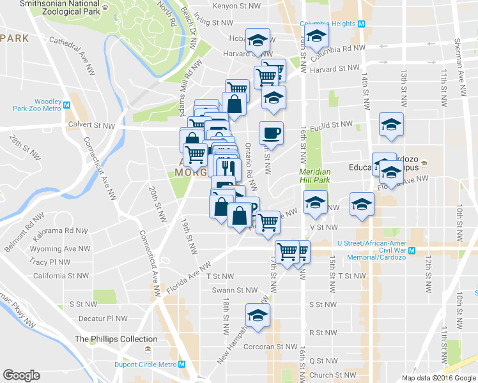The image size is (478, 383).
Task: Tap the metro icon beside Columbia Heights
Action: [x=362, y=24]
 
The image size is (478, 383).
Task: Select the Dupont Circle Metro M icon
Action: [x=182, y=364]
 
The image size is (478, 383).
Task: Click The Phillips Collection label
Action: [x=116, y=339]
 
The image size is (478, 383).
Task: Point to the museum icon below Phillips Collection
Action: [x=148, y=350]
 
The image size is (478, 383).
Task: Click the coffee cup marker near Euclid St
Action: [x=271, y=133]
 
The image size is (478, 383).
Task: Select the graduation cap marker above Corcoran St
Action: [x=258, y=315]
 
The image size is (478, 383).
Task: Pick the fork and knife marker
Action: [x=226, y=167]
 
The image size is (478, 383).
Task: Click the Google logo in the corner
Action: [x=21, y=375]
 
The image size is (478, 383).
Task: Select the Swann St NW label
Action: [x=238, y=290]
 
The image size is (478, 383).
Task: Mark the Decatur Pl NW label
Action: [x=103, y=318]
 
